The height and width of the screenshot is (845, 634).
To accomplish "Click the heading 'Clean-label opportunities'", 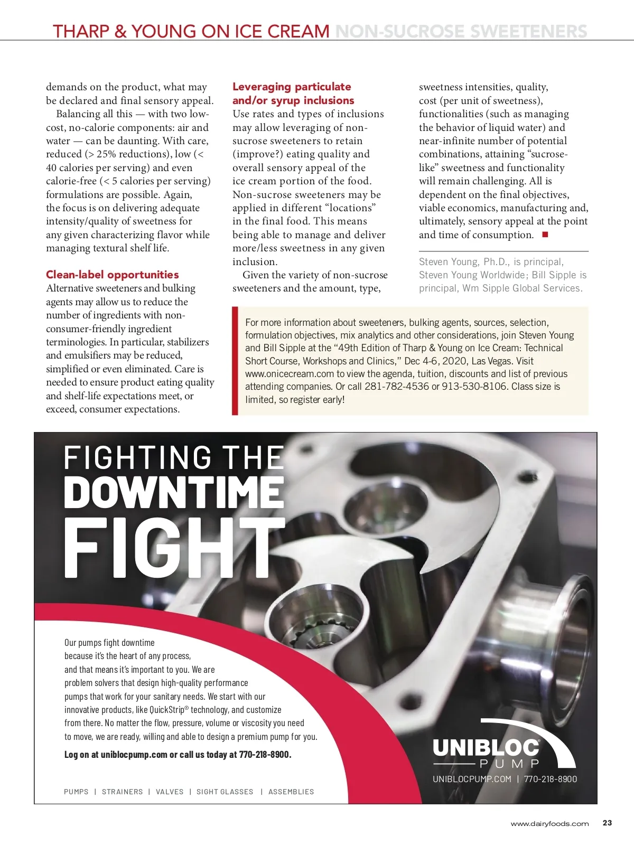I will (112, 275).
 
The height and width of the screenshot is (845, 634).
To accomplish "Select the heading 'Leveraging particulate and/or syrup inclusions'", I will (293, 93).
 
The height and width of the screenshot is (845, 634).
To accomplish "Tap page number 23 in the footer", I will (607, 823).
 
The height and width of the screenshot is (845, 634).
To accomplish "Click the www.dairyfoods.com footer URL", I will (549, 823).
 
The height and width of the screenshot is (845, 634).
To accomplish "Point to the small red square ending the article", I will (545, 234).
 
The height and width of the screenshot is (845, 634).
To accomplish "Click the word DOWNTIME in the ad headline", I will (174, 492).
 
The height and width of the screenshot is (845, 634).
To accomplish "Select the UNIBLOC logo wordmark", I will (486, 748).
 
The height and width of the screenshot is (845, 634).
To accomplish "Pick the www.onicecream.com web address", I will (290, 374).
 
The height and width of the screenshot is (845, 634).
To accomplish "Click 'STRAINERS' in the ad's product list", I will (122, 792).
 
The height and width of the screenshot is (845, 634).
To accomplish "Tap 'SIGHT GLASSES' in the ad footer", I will (225, 792).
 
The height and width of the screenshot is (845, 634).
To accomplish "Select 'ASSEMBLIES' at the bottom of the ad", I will (291, 792).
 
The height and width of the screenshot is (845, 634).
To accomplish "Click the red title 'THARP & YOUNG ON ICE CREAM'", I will (191, 31).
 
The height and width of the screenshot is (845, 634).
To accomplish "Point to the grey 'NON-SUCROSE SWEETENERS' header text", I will (461, 31).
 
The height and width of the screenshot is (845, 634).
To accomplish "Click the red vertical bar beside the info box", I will (235, 361).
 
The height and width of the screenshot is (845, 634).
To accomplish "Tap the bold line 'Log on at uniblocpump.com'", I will (178, 755).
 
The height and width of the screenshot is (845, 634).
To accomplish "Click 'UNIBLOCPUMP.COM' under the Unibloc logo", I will (472, 779).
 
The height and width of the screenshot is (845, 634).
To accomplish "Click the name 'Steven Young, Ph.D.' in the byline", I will (463, 262).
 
